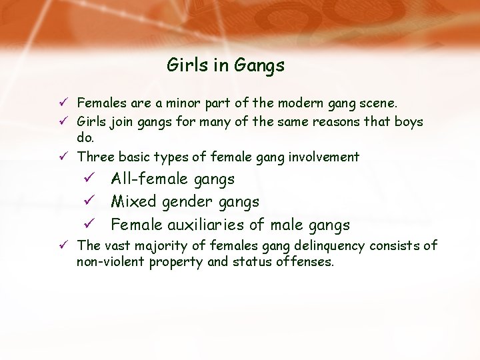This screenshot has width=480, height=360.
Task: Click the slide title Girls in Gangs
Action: click(x=225, y=65)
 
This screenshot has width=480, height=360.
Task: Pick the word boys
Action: click(x=407, y=123)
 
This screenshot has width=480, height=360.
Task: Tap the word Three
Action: click(x=95, y=157)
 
